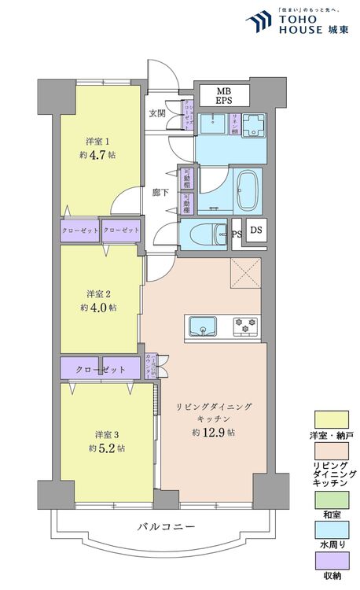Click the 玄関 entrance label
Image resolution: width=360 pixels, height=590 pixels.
click(157, 112)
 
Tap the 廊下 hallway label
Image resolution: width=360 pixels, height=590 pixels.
click(160, 192)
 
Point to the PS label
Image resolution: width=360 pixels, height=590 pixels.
click(237, 234)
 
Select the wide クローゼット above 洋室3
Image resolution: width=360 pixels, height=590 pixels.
click(101, 369)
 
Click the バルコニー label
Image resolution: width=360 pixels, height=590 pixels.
click(164, 526)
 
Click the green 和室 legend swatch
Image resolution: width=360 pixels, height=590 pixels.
click(332, 497)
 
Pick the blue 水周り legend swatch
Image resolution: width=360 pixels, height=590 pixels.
click(332, 529)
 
